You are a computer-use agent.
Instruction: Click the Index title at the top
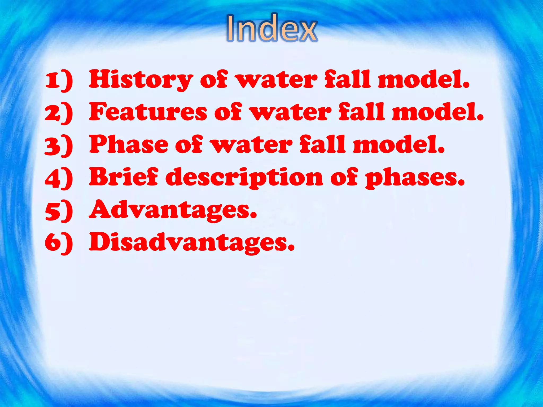click(x=272, y=29)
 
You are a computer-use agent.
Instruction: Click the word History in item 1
click(x=141, y=79)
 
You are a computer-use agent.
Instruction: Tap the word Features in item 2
click(x=148, y=112)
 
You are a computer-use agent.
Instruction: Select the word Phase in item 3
click(x=129, y=144)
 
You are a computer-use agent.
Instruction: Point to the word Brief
click(x=124, y=177)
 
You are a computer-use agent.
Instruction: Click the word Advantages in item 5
click(x=173, y=210)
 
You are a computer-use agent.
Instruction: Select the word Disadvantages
click(x=192, y=242)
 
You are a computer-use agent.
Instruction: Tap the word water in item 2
click(x=291, y=112)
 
